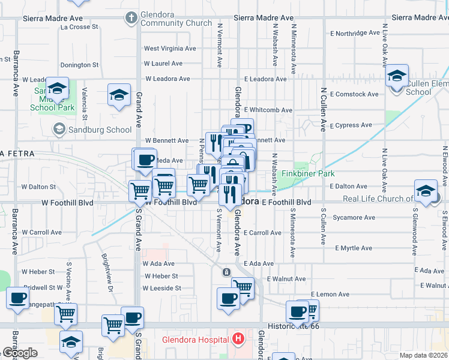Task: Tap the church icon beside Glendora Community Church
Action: pyautogui.click(x=131, y=17)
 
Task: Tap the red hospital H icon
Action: pyautogui.click(x=239, y=340)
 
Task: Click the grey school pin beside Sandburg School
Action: pyautogui.click(x=59, y=129)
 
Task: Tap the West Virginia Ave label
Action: pyautogui.click(x=170, y=49)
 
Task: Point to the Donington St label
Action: pyautogui.click(x=80, y=65)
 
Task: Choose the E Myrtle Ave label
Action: pyautogui.click(x=354, y=248)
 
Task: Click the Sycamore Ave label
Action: pyautogui.click(x=356, y=218)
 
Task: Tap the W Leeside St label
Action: pyautogui.click(x=162, y=289)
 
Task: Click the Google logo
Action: pyautogui.click(x=20, y=353)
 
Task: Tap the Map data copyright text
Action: pyautogui.click(x=424, y=355)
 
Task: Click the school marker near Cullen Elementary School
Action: pyautogui.click(x=397, y=77)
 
